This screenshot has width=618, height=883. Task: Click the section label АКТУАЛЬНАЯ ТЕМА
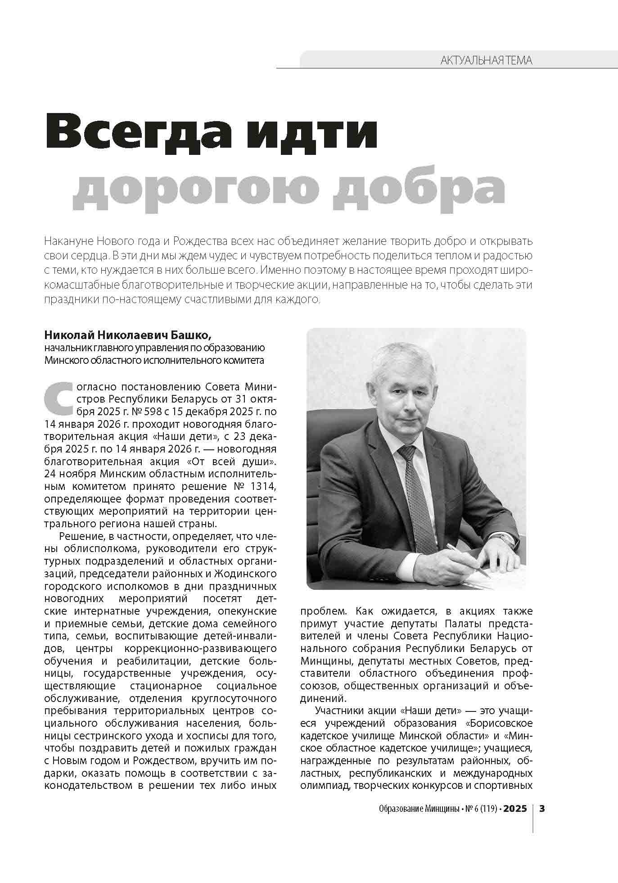tap(486, 60)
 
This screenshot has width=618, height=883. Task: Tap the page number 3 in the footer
tap(542, 808)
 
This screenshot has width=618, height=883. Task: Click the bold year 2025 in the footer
tap(515, 809)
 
